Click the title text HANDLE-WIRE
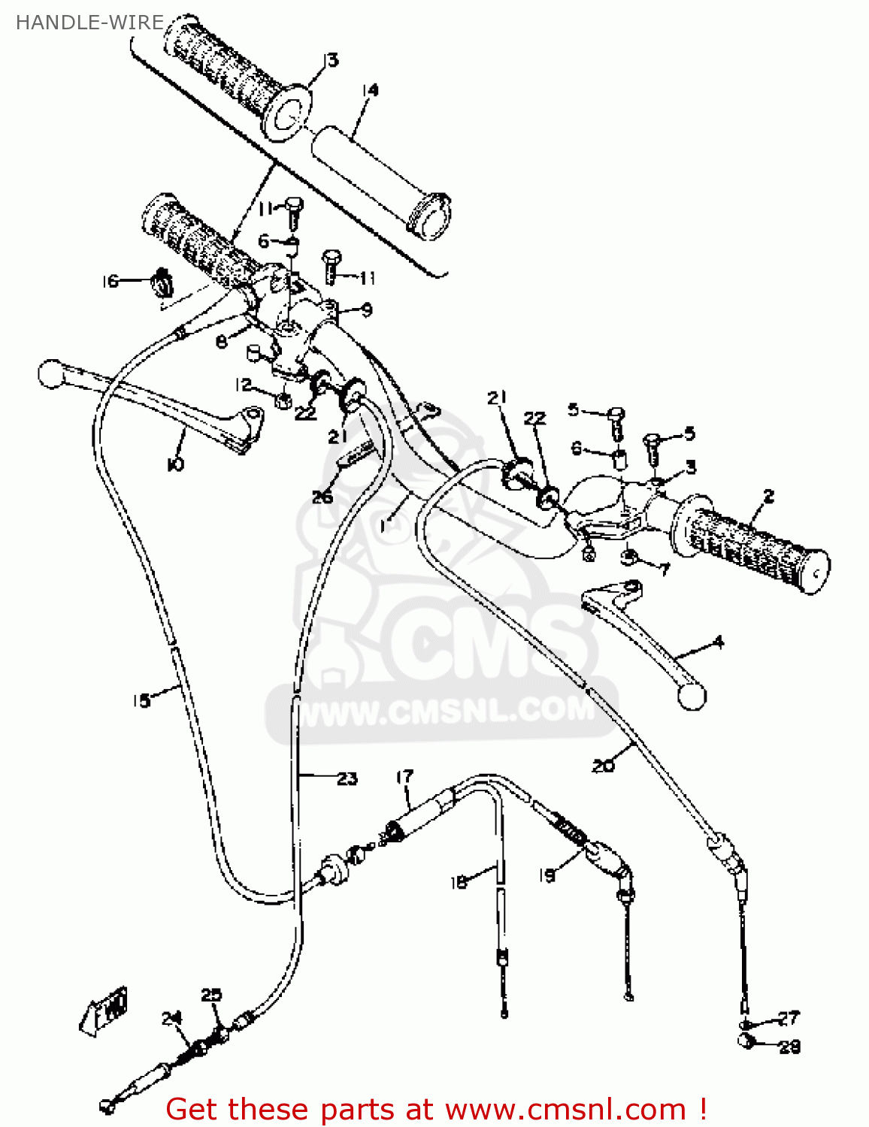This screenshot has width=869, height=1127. click(x=89, y=23)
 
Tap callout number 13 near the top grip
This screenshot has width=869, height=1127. click(x=331, y=59)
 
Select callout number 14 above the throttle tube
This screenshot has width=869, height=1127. click(x=370, y=90)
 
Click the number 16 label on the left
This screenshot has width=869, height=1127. click(x=111, y=281)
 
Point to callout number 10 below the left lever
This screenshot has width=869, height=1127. click(x=174, y=464)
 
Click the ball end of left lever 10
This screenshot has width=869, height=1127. click(x=50, y=373)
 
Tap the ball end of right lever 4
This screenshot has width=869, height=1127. click(x=692, y=696)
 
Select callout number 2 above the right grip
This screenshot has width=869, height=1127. click(x=768, y=497)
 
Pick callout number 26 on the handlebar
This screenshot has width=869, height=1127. click(x=322, y=497)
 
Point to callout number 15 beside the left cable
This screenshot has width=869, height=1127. click(x=141, y=700)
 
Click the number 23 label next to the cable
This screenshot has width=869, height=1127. click(x=347, y=778)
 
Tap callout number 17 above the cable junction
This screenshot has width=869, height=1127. click(x=404, y=776)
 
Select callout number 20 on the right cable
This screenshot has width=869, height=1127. click(x=603, y=765)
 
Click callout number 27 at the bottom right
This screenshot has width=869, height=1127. click(x=788, y=1018)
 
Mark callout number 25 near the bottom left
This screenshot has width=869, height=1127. click(x=212, y=995)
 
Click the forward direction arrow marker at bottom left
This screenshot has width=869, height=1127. click(x=105, y=1011)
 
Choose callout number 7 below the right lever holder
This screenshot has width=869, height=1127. click(x=663, y=569)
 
